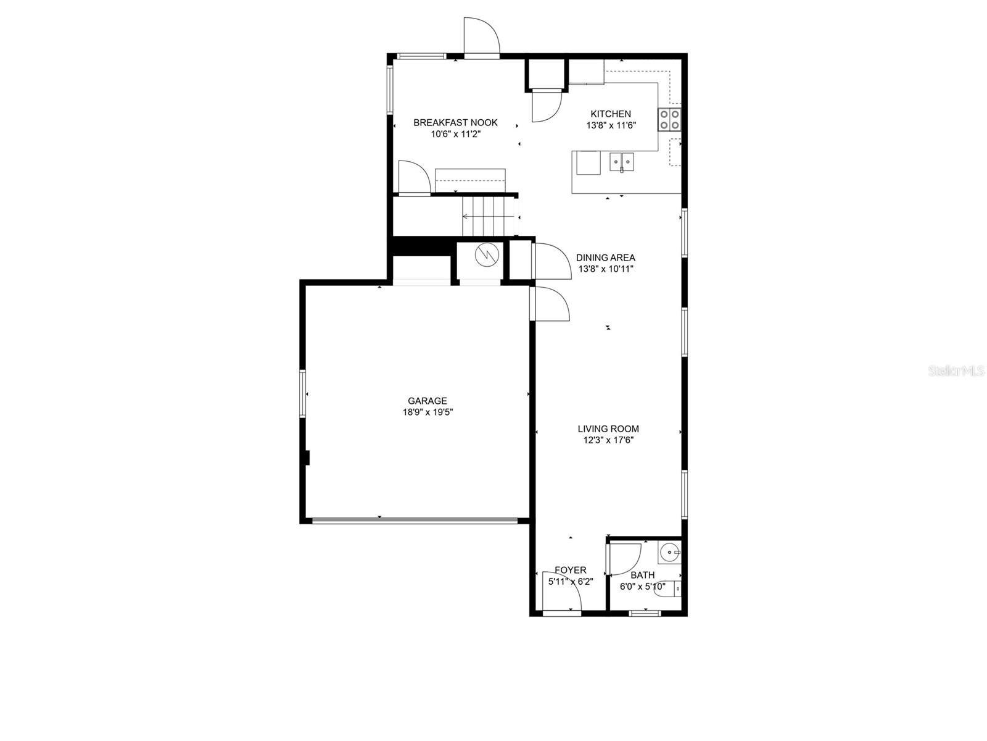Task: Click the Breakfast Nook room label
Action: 455,122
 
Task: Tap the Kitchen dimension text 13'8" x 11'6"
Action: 611,125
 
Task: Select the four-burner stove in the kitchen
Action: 669,120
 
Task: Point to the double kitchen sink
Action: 621,162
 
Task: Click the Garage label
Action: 427,401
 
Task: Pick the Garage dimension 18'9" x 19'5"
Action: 427,412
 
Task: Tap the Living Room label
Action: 608,429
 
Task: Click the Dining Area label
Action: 606,257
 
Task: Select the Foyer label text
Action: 571,570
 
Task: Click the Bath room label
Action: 643,575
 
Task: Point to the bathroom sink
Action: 669,553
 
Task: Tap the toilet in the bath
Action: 668,589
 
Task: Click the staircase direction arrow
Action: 489,217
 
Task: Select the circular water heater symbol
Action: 487,255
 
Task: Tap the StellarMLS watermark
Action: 956,371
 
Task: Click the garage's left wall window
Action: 303,394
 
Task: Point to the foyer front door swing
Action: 561,591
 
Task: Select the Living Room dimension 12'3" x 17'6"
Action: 608,440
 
